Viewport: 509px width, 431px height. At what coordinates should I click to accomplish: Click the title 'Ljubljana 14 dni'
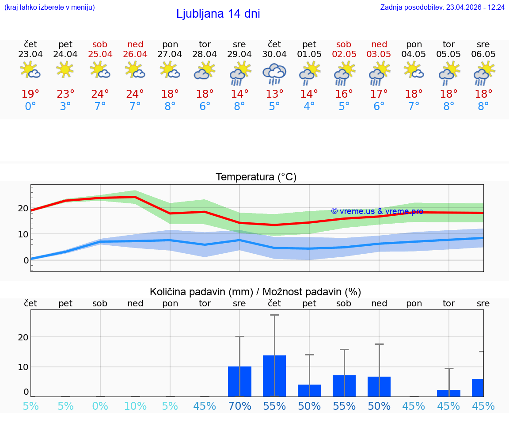click(218, 14)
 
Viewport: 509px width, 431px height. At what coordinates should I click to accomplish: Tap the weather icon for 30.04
click(274, 73)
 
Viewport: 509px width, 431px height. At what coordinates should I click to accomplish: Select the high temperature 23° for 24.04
click(65, 94)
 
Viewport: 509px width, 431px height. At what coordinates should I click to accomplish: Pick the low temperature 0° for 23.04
click(30, 107)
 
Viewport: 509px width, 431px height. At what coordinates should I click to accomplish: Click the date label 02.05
click(344, 54)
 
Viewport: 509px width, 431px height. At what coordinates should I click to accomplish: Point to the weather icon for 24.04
click(65, 70)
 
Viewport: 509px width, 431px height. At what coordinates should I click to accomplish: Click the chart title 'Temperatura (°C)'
click(256, 177)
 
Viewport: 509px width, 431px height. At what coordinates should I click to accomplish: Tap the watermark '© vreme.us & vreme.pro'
click(377, 211)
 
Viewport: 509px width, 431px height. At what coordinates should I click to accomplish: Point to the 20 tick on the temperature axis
click(23, 208)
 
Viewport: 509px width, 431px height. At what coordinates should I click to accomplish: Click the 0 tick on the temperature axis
click(26, 260)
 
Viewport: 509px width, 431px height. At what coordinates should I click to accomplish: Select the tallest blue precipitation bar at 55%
click(274, 376)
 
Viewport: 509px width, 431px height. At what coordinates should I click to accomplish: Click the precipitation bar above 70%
click(239, 381)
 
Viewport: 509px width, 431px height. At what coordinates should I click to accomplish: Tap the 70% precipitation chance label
click(239, 406)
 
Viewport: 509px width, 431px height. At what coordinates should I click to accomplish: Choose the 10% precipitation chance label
click(135, 406)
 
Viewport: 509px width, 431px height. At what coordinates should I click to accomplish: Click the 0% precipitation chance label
click(100, 406)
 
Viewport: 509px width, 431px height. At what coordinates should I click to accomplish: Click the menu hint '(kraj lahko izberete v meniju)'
click(49, 8)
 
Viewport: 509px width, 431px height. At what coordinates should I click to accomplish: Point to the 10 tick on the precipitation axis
click(23, 367)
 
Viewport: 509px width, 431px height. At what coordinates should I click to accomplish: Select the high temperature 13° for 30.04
click(274, 94)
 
